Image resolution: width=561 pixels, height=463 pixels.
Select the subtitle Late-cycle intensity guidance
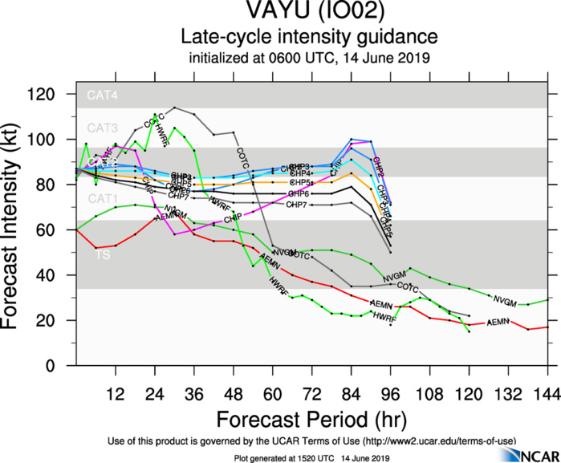pos(309,37)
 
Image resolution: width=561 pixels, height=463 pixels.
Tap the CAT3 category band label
pos(102,128)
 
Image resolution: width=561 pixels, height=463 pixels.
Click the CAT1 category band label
pos(102,198)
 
